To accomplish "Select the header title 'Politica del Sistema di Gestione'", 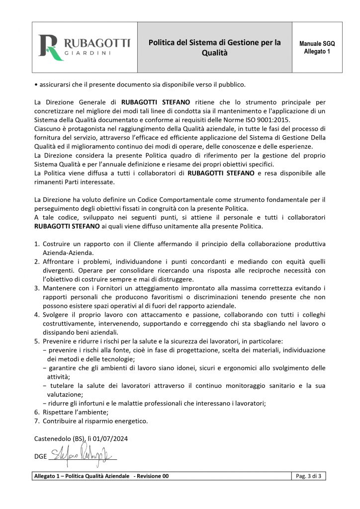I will (x=215, y=43).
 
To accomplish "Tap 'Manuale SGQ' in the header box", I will (x=317, y=44).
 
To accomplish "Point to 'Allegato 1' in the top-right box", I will (x=317, y=52).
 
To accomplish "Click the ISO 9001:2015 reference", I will (x=271, y=119).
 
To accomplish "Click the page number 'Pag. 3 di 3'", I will (x=308, y=476).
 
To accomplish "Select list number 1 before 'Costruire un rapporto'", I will (x=37, y=244).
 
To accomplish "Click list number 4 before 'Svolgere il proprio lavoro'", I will (x=37, y=315).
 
